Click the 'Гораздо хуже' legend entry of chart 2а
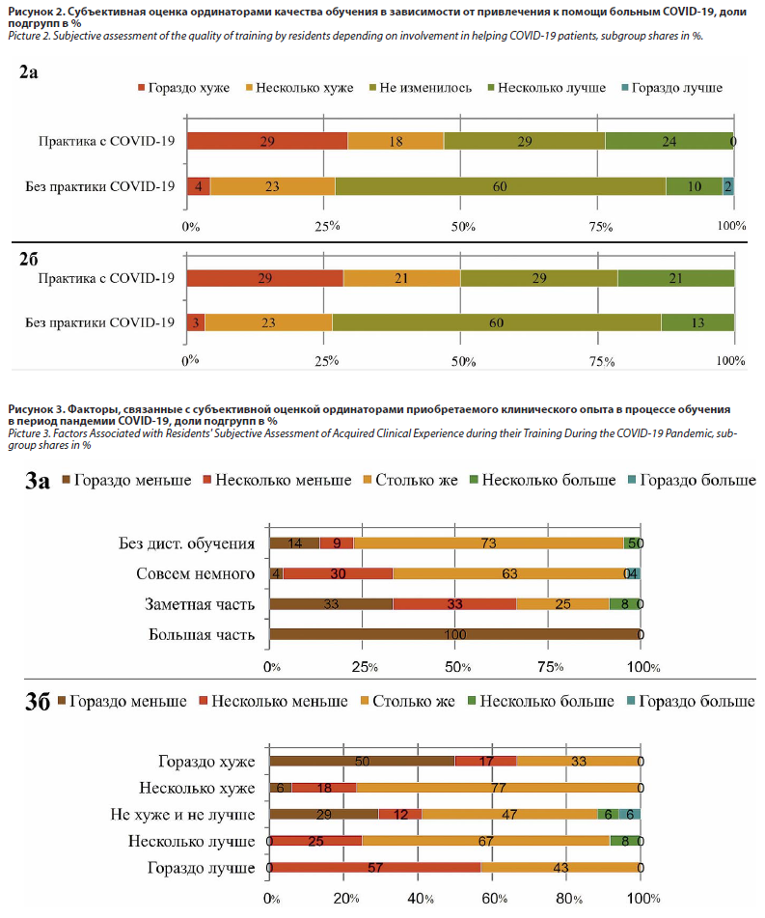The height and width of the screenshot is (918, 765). (x=189, y=88)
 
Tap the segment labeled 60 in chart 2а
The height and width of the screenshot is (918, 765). (x=500, y=186)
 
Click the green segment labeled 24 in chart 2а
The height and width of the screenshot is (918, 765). (x=669, y=141)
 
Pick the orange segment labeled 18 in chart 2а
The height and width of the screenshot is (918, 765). (x=396, y=141)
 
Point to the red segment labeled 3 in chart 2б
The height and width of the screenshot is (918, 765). (x=196, y=322)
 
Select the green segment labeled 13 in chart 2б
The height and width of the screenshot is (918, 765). (x=697, y=322)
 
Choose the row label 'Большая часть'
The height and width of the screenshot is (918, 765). (x=202, y=634)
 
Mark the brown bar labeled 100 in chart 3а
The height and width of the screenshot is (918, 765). (x=454, y=634)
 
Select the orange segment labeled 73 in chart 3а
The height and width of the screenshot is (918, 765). (x=488, y=542)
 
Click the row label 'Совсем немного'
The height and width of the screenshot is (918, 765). (x=197, y=573)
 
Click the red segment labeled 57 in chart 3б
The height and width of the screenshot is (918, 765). (x=374, y=868)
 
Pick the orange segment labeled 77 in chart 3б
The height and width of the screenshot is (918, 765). (x=498, y=787)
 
